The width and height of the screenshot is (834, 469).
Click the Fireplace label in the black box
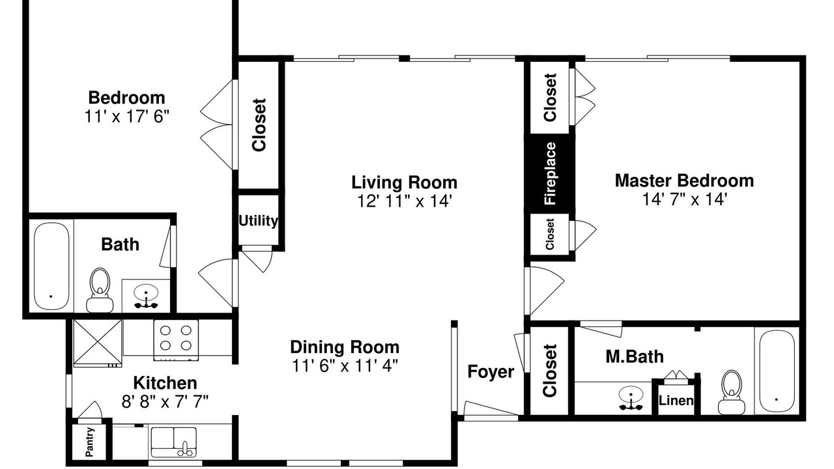(550, 173)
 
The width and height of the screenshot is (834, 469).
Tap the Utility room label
(258, 221)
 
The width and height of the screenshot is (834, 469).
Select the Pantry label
(90, 442)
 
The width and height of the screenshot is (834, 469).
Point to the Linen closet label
(676, 401)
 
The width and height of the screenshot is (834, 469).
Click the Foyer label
(491, 371)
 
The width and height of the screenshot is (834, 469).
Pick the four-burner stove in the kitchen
(176, 340)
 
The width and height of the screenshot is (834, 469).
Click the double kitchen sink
(173, 442)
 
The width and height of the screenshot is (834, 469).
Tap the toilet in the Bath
(100, 291)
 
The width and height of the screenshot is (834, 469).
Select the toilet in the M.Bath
(731, 392)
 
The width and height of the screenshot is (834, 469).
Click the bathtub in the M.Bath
(776, 371)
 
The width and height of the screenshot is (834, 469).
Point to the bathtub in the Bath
(51, 266)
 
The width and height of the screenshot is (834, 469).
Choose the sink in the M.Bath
(631, 398)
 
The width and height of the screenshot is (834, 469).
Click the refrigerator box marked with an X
(98, 343)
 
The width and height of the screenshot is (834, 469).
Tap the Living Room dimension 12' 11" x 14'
(405, 201)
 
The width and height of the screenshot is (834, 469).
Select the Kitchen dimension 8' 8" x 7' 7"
(165, 402)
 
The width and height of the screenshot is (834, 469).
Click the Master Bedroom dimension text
(685, 199)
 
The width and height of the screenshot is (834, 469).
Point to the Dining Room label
(345, 347)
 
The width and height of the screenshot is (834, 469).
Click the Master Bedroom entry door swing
(544, 291)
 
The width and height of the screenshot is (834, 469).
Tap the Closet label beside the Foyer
(549, 371)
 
